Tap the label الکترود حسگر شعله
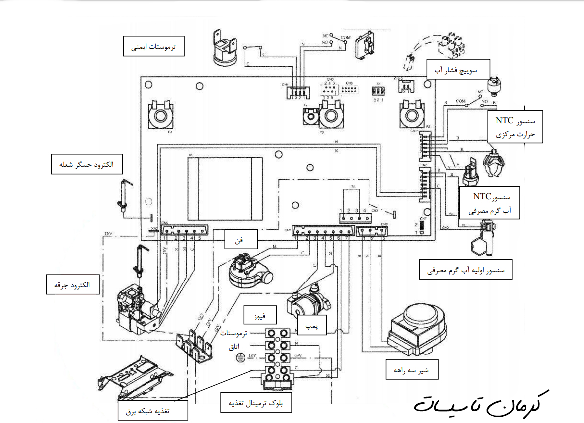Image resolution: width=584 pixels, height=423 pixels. click(87, 164)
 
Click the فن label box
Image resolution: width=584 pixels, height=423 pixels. click(240, 240)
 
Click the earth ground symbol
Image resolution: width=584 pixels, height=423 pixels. click(241, 357)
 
